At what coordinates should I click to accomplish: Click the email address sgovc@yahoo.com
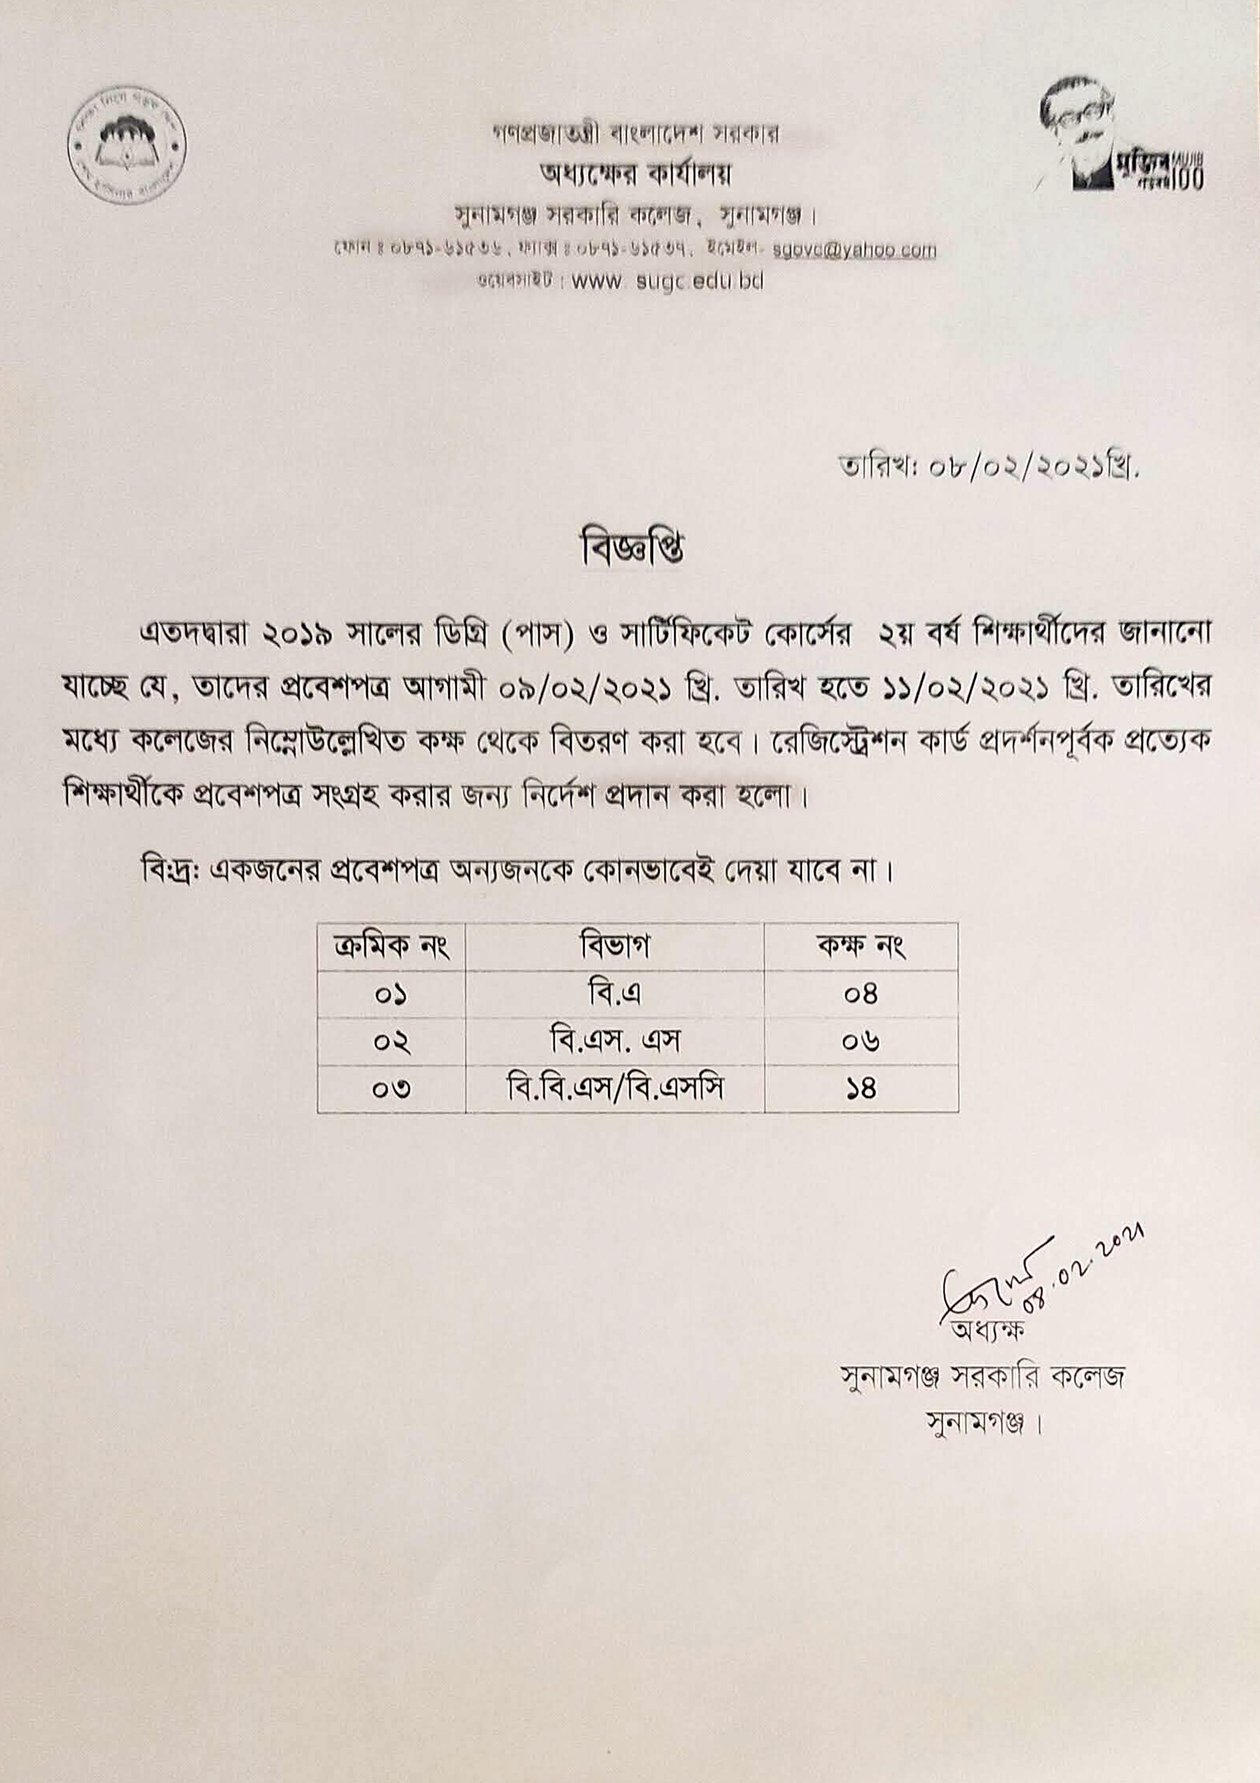854,250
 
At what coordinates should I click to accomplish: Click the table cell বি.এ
614,994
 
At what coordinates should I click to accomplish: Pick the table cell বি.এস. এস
614,1041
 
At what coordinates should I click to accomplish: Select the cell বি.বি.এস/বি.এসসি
614,1089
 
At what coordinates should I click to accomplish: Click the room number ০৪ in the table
860,995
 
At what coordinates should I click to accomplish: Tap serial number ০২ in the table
391,1042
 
